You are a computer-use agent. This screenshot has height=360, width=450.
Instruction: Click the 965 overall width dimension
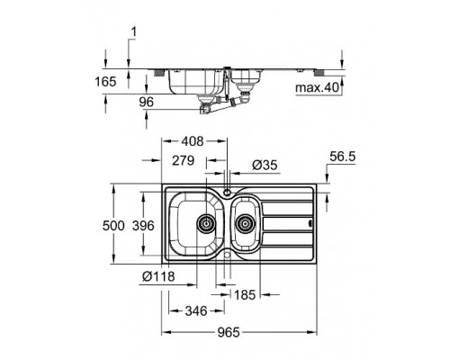pyautogui.click(x=229, y=332)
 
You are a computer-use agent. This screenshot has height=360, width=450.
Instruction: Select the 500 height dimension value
pyautogui.click(x=113, y=226)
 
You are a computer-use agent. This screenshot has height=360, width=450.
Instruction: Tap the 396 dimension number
pyautogui.click(x=143, y=226)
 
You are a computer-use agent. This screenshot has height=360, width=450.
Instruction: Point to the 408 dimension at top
pyautogui.click(x=193, y=141)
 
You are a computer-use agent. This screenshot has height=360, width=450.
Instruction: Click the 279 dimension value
pyautogui.click(x=183, y=160)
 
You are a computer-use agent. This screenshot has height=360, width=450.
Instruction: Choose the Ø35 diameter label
pyautogui.click(x=265, y=165)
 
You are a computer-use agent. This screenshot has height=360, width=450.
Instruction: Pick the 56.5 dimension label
pyautogui.click(x=343, y=157)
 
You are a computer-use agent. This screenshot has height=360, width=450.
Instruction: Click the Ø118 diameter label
pyautogui.click(x=158, y=276)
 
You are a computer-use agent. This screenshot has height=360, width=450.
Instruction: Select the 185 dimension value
pyautogui.click(x=245, y=295)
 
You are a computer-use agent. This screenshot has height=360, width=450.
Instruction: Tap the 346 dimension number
pyautogui.click(x=196, y=311)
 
